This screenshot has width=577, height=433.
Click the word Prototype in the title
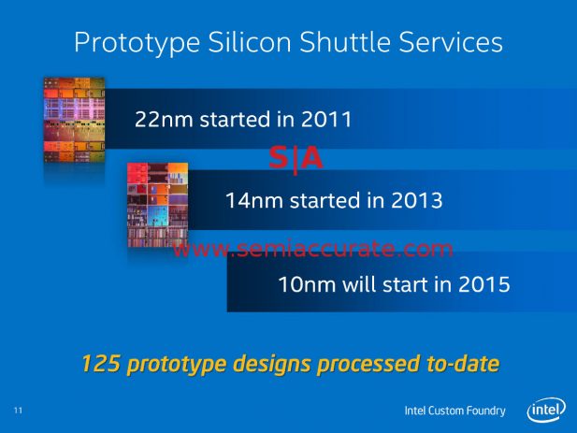pyautogui.click(x=137, y=43)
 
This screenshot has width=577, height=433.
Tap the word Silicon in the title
pyautogui.click(x=250, y=41)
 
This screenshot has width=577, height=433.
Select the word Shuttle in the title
pyautogui.click(x=345, y=41)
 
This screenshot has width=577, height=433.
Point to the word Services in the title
pyautogui.click(x=451, y=41)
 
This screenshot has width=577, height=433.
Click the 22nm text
pyautogui.click(x=164, y=119)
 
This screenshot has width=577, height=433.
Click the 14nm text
pyautogui.click(x=254, y=200)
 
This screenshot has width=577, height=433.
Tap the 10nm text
pyautogui.click(x=308, y=284)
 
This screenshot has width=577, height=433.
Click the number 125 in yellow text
pyautogui.click(x=101, y=363)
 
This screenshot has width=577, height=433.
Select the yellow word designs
pyautogui.click(x=272, y=364)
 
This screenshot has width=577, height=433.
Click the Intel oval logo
pyautogui.click(x=546, y=410)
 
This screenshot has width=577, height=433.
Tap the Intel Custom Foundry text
pyautogui.click(x=454, y=411)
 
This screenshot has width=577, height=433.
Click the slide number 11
pyautogui.click(x=18, y=411)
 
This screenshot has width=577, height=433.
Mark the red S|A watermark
pyautogui.click(x=296, y=159)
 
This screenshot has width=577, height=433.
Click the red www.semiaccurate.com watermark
pyautogui.click(x=313, y=249)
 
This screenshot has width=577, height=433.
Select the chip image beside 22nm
pyautogui.click(x=74, y=120)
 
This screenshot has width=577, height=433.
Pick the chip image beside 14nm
pyautogui.click(x=157, y=205)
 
